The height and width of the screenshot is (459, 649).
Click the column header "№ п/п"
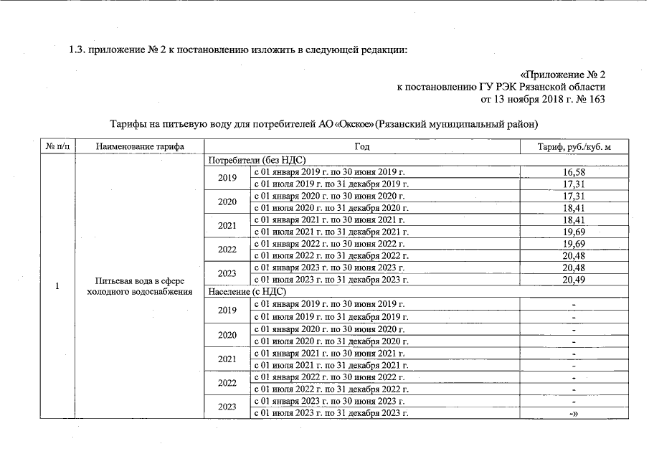point(58,146)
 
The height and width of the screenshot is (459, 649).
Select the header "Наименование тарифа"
point(140,146)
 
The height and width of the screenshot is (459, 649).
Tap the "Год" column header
point(361,146)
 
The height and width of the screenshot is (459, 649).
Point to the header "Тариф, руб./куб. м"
point(574,146)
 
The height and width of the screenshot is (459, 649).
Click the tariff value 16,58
point(574,172)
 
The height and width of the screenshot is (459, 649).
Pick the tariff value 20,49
point(574,280)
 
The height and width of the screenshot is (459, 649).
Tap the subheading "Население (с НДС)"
point(247,292)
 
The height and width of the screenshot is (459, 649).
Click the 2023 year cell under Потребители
point(227,274)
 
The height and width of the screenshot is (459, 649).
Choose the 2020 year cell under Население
point(227,335)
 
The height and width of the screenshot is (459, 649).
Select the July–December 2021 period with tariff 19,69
point(331,232)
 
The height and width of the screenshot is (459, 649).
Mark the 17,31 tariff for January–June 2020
point(574,196)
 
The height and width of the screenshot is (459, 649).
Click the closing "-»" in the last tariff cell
point(574,413)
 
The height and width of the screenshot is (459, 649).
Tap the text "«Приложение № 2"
point(562,75)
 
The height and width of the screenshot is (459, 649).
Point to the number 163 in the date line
point(595,99)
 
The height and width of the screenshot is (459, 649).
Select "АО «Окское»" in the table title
point(346,123)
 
